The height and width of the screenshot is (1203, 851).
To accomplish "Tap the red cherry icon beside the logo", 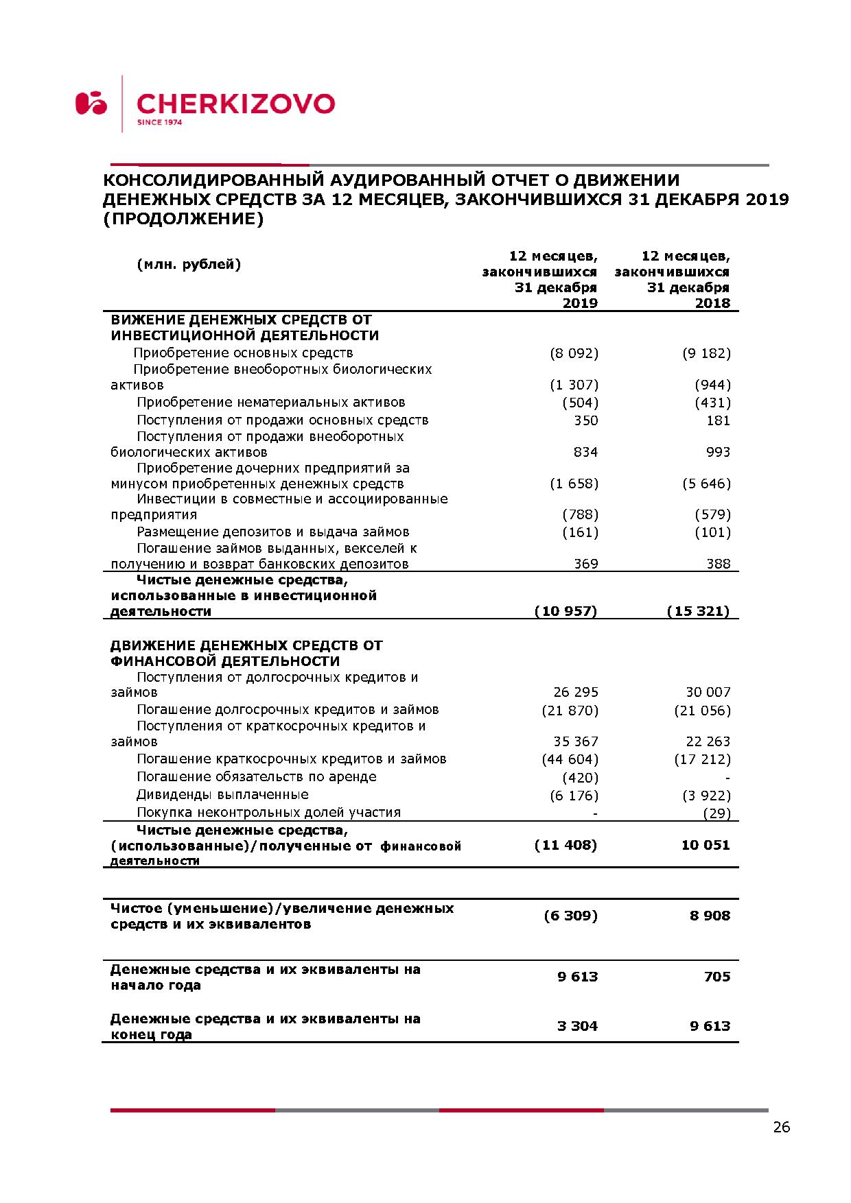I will tap(91, 103).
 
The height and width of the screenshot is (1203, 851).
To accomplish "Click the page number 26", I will tap(781, 1127).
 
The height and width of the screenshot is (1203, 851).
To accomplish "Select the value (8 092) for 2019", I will tap(574, 353).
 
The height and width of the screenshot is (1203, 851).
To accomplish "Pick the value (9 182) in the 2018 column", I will tap(706, 353).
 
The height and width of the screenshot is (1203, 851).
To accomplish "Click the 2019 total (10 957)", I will tap(566, 611).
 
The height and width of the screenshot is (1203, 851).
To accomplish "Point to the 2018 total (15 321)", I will tap(698, 611).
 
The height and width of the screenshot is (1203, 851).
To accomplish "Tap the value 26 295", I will tap(576, 693).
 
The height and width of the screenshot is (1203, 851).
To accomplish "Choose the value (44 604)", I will tap(570, 759).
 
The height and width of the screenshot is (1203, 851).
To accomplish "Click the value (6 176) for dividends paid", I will tap(574, 796).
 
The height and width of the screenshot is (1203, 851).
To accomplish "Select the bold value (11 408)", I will tap(566, 845).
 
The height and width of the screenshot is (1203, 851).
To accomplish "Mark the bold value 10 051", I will tap(706, 845).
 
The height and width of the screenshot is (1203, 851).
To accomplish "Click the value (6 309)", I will tap(570, 916).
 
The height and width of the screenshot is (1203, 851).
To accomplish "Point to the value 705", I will tap(717, 977).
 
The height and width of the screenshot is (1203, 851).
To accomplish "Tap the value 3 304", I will tap(577, 1026).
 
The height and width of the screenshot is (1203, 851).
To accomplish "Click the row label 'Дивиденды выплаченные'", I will tap(222, 795).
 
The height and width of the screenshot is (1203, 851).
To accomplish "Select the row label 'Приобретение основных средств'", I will tap(243, 353).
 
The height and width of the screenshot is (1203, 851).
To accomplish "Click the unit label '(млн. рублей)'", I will tap(189, 265).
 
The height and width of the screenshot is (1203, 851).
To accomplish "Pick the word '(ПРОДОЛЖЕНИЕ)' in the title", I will tap(183, 219).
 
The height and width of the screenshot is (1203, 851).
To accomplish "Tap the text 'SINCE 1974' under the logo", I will tap(159, 123).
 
